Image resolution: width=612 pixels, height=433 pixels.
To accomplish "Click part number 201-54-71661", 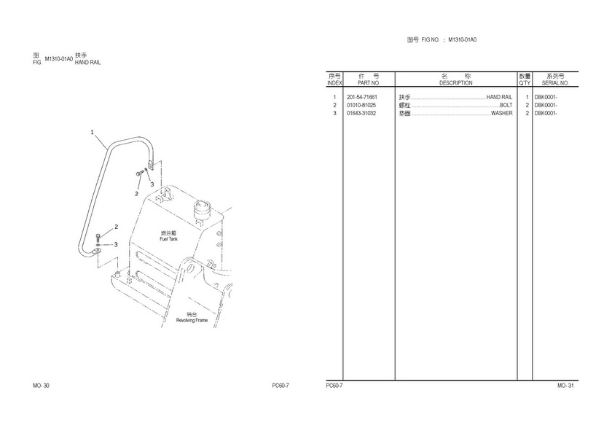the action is pyautogui.click(x=362, y=97).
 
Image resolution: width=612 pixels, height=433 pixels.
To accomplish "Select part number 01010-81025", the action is pyautogui.click(x=361, y=106).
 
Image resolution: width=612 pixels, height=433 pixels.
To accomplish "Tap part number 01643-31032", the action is pyautogui.click(x=361, y=114).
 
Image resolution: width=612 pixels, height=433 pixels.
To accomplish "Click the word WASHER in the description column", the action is pyautogui.click(x=501, y=114).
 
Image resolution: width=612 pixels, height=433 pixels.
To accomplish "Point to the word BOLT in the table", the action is pyautogui.click(x=506, y=106).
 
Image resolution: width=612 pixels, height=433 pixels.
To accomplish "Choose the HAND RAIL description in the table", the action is pyautogui.click(x=499, y=97).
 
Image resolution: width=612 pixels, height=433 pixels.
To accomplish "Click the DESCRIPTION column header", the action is pyautogui.click(x=455, y=83).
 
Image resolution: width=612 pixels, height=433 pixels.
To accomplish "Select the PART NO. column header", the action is pyautogui.click(x=369, y=83).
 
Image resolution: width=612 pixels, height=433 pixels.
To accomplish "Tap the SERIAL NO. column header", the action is pyautogui.click(x=555, y=83).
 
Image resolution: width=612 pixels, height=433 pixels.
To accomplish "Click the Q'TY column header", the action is pyautogui.click(x=525, y=83).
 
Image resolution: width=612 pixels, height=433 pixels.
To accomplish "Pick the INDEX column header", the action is pyautogui.click(x=334, y=83).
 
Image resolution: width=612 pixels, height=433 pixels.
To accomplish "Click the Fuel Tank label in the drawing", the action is pyautogui.click(x=168, y=239).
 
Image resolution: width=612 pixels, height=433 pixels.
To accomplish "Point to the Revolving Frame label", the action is pyautogui.click(x=192, y=321).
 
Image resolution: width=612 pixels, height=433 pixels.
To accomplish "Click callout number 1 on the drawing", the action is pyautogui.click(x=92, y=133).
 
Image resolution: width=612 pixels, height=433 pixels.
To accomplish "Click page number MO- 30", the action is pyautogui.click(x=41, y=386).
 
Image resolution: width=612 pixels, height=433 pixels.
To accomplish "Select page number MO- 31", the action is pyautogui.click(x=565, y=386).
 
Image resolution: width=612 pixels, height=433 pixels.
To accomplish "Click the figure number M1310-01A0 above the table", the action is pyautogui.click(x=462, y=40).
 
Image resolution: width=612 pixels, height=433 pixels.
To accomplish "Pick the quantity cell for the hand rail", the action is pyautogui.click(x=527, y=97).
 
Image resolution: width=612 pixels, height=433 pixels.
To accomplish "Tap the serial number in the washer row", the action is pyautogui.click(x=546, y=114).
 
